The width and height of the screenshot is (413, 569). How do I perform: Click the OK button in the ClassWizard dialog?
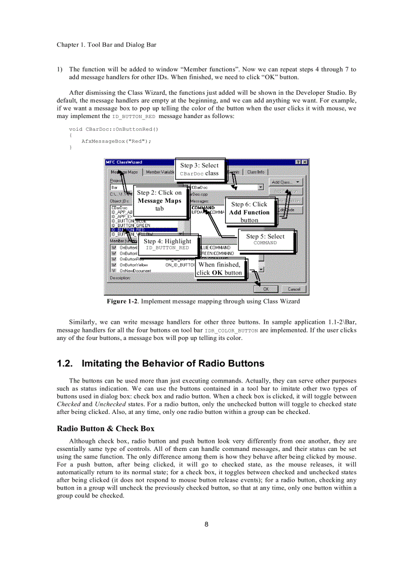266,289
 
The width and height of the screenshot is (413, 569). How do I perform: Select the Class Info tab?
256,172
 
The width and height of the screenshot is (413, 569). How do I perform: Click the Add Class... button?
285,182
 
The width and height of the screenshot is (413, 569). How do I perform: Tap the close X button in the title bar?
304,162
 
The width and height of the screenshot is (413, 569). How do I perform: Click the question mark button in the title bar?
298,162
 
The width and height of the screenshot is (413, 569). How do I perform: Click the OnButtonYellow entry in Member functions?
134,264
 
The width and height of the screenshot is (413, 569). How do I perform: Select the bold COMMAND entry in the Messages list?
203,208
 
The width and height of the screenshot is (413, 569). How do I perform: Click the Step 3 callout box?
199,169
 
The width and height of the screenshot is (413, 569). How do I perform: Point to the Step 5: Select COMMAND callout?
265,239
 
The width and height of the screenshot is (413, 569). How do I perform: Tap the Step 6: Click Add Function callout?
249,212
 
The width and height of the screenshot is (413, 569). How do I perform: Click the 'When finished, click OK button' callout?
219,268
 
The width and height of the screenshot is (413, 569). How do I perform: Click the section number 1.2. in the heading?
66,363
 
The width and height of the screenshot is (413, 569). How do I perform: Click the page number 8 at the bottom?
206,524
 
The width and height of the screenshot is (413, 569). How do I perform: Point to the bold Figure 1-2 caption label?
122,301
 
